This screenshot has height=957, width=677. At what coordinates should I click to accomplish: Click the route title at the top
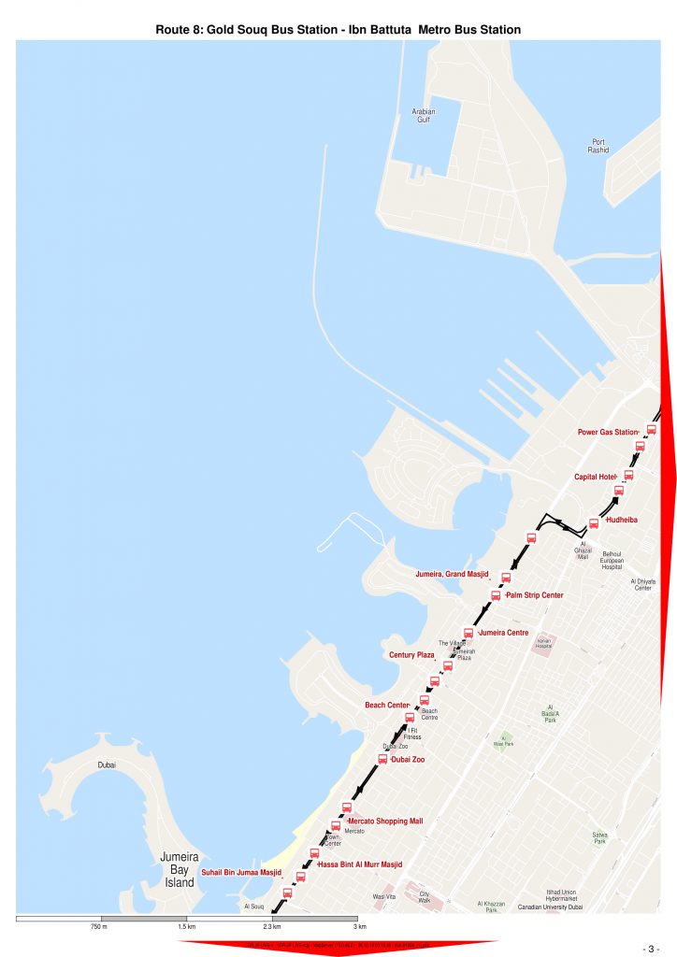click(x=338, y=31)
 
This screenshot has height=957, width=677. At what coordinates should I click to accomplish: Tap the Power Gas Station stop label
click(x=607, y=432)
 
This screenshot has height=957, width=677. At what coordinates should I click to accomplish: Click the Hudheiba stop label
click(x=622, y=519)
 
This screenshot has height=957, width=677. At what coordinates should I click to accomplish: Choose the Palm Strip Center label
click(x=534, y=595)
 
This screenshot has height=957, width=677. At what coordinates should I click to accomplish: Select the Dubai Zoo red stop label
click(x=408, y=760)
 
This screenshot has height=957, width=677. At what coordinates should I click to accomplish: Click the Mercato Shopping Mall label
click(x=385, y=821)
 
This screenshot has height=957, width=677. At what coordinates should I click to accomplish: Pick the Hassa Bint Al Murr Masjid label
click(x=360, y=864)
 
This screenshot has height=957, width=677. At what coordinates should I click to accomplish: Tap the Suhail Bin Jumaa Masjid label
click(x=241, y=873)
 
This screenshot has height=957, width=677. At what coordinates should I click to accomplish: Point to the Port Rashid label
click(x=598, y=146)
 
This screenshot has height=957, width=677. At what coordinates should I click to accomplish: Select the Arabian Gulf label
click(x=424, y=116)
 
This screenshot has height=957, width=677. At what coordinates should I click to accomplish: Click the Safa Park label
click(x=599, y=837)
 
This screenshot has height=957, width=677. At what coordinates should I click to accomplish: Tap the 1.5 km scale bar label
click(x=186, y=927)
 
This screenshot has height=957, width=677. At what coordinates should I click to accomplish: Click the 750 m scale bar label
click(x=99, y=927)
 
